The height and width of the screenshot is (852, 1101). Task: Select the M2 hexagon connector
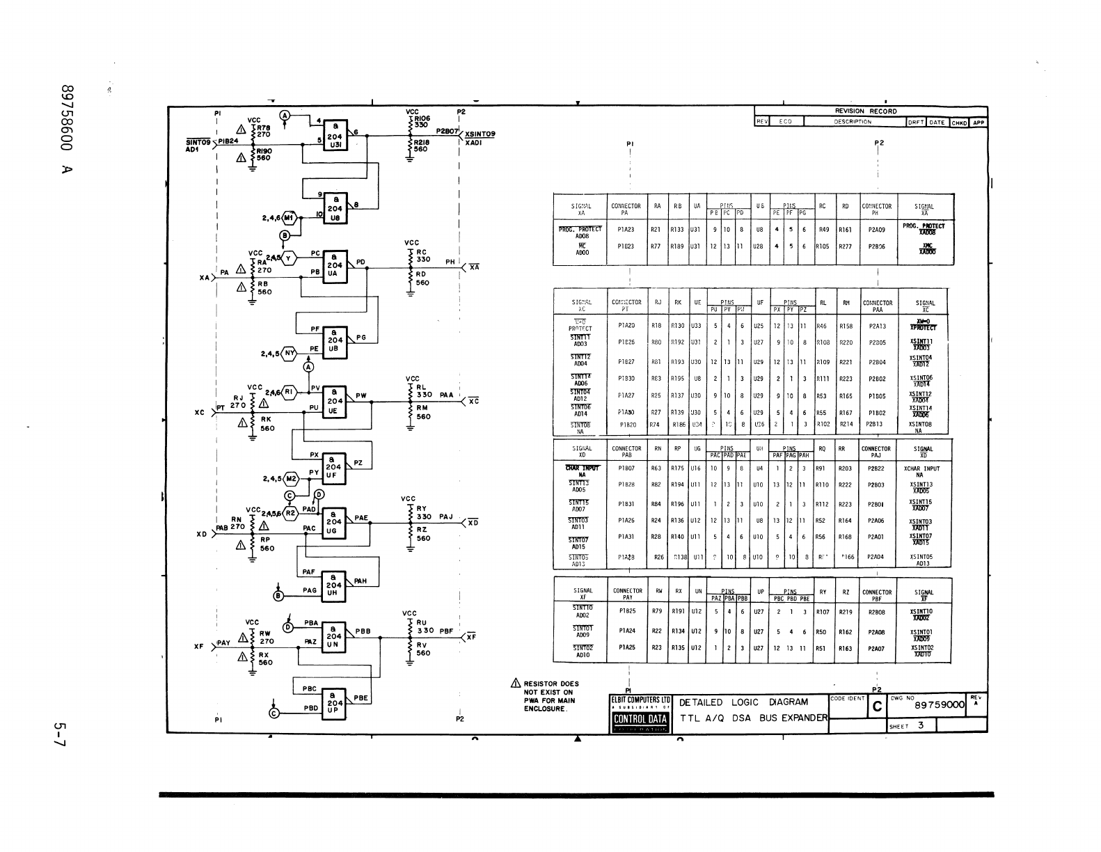click(x=291, y=479)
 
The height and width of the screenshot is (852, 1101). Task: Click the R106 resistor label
click(x=422, y=119)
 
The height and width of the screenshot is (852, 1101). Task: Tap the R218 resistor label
click(x=422, y=142)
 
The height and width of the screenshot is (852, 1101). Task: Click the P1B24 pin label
click(x=228, y=140)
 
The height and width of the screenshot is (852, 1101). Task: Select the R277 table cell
click(x=845, y=246)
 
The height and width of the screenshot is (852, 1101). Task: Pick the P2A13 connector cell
click(x=877, y=326)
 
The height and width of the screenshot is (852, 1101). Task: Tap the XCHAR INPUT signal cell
click(x=921, y=468)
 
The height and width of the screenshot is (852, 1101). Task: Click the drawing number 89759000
click(x=940, y=705)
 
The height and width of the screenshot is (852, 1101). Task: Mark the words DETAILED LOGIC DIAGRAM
click(x=743, y=702)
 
